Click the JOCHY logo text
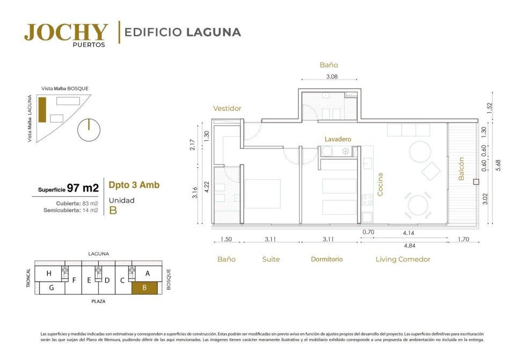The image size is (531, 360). [66, 32]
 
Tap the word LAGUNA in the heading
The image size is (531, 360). [214, 32]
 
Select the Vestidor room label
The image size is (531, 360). [227, 109]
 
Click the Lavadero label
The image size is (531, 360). [338, 139]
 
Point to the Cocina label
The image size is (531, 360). [380, 184]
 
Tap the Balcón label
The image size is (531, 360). [461, 169]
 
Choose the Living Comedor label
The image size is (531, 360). [403, 260]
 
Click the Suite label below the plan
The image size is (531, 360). [271, 260]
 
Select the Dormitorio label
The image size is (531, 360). [327, 260]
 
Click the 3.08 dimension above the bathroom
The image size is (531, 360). [331, 77]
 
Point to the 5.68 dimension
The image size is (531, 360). [498, 165]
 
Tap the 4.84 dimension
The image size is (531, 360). [409, 246]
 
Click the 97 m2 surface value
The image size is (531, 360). [83, 188]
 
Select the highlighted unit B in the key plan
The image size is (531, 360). [144, 288]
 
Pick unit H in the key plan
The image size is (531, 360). [49, 273]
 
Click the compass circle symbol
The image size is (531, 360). [89, 129]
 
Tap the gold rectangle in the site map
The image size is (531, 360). [42, 110]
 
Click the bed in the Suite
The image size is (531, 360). [263, 194]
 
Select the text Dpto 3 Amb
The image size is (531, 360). [134, 185]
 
